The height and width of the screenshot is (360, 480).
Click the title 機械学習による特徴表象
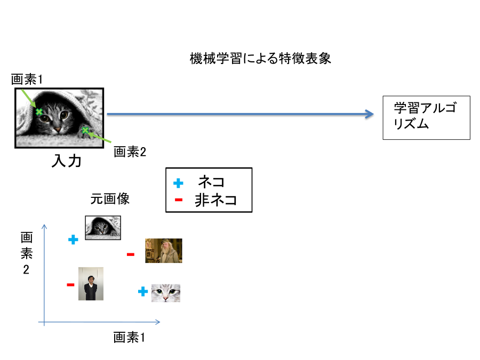tap(260, 58)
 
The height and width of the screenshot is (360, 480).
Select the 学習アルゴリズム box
tap(426, 117)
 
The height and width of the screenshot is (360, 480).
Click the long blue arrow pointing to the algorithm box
tap(241, 114)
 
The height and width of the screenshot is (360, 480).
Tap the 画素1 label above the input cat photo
tap(27, 79)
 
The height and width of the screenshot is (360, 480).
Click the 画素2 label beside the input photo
tap(130, 151)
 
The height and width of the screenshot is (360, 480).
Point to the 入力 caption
tap(67, 161)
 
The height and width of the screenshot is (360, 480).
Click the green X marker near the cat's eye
tap(38, 112)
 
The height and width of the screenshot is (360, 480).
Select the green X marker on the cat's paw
tap(85, 131)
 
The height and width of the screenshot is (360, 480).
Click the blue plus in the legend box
tap(178, 183)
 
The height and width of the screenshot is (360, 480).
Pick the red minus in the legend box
tap(179, 200)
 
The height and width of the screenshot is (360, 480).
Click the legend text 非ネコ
tap(215, 200)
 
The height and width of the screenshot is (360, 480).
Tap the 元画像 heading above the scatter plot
tap(110, 199)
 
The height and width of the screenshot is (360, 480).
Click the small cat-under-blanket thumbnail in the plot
tap(103, 228)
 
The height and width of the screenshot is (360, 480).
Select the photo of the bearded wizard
tap(164, 251)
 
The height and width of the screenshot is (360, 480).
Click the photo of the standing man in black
tap(91, 284)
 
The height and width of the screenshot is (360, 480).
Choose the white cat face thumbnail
tap(166, 293)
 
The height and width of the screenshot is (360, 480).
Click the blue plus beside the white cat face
tap(143, 291)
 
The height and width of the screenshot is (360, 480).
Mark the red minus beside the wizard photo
tap(131, 254)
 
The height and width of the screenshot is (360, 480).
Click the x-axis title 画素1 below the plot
tap(129, 338)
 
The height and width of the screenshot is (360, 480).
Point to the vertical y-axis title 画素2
tap(26, 253)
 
